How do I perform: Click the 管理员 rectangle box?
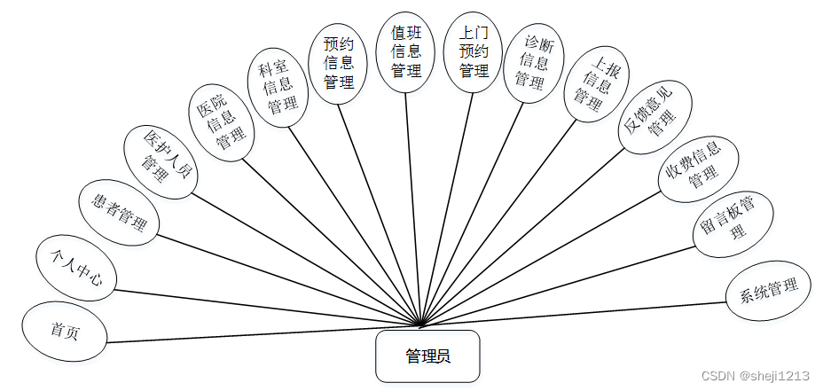427,356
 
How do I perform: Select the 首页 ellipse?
65,331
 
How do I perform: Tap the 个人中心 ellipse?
75,270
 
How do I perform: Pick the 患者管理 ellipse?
120,213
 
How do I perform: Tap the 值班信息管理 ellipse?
407,51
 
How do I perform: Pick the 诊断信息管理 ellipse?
534,65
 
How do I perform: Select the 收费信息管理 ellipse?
702,167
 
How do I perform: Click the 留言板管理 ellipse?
733,223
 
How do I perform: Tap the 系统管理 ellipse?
768,290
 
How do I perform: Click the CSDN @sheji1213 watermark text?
755,375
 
